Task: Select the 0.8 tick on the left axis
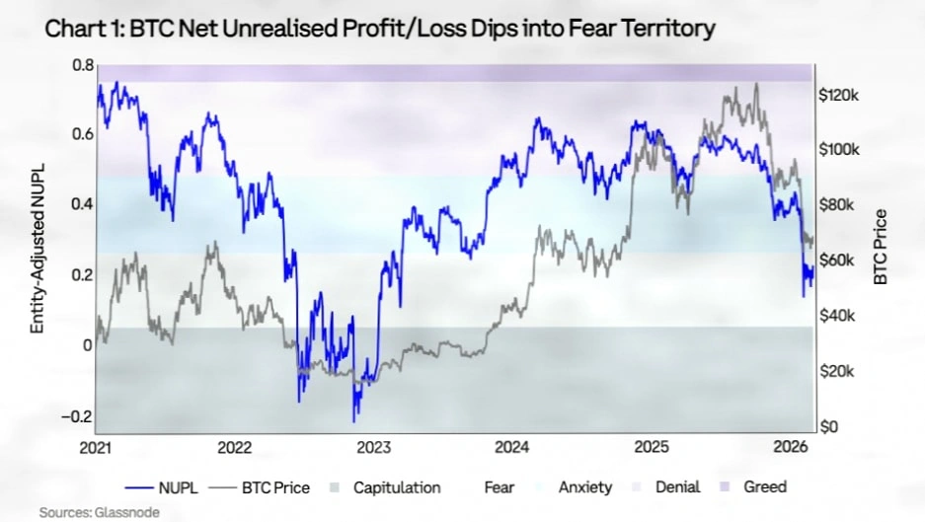[82, 65]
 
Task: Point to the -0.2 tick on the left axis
[78, 416]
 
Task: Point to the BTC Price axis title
[881, 248]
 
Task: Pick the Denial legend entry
[677, 487]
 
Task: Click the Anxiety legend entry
[585, 487]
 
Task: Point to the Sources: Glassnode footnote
[98, 512]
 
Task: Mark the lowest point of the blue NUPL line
[355, 420]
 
